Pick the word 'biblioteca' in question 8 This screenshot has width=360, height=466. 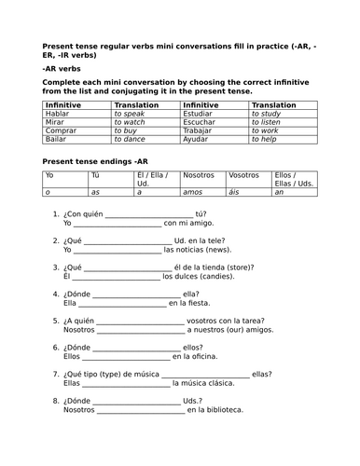(x=224, y=409)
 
